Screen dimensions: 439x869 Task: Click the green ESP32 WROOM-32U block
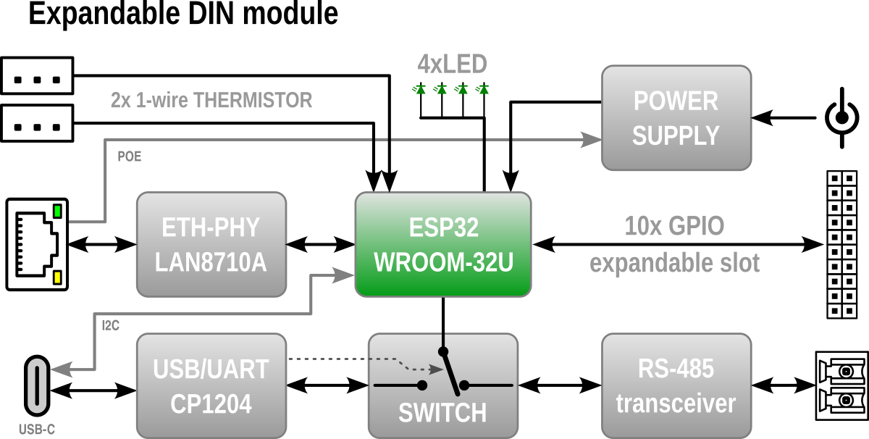tap(443, 244)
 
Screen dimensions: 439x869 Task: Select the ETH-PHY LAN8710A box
tap(211, 244)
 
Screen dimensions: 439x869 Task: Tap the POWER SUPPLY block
tap(676, 118)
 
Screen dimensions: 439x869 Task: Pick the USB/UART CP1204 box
tap(211, 385)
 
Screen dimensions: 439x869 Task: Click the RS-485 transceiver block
tap(676, 385)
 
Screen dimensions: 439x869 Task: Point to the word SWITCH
tap(442, 414)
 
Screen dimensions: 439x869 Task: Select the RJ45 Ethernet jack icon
tap(38, 244)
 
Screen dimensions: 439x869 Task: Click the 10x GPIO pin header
tap(842, 244)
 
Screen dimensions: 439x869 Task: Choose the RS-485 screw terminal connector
tap(842, 385)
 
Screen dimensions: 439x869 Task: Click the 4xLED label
tap(453, 65)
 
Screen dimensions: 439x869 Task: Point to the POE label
tap(130, 156)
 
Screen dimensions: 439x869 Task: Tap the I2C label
tap(110, 325)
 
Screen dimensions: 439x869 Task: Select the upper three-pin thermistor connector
tap(37, 76)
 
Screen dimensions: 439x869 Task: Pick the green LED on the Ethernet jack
tap(57, 212)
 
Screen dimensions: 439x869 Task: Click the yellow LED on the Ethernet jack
tap(57, 277)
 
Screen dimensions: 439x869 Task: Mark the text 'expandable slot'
tap(674, 263)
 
